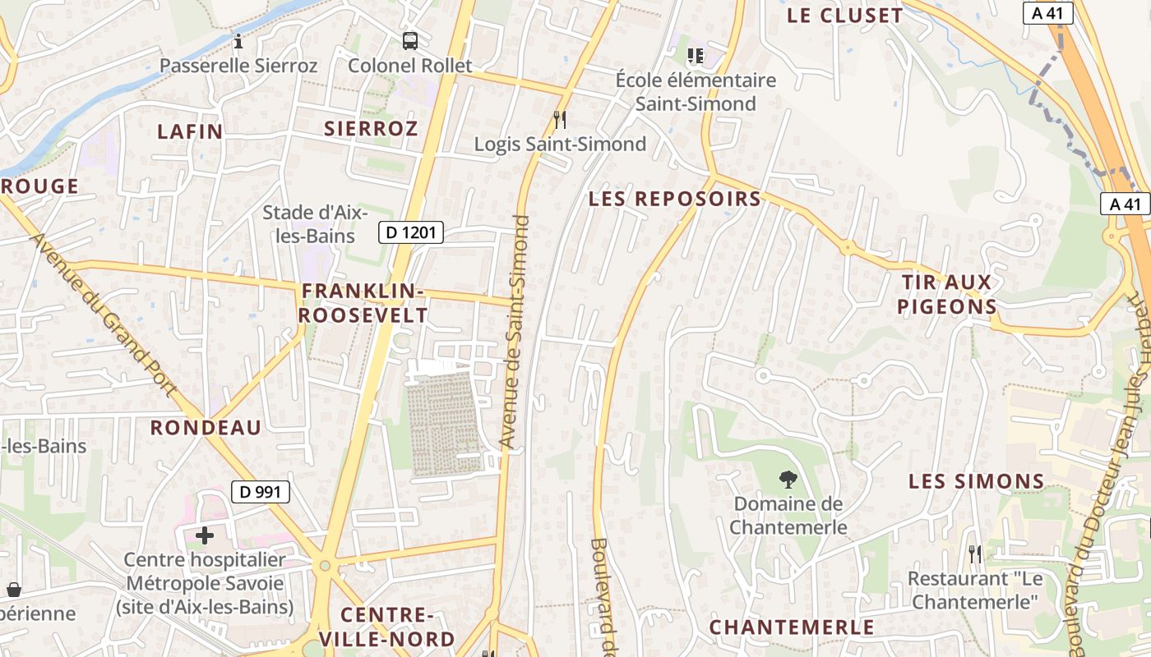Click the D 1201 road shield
(411, 232)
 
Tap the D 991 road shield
(261, 492)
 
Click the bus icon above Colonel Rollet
(409, 40)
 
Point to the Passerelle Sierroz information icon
(238, 41)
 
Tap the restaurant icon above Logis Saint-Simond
(560, 120)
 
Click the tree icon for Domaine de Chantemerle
(788, 480)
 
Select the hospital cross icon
(205, 536)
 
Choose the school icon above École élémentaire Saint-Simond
(696, 56)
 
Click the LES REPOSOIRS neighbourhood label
(675, 199)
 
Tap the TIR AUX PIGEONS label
(947, 295)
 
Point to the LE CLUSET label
(844, 16)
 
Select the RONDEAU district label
(206, 427)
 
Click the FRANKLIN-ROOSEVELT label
(363, 303)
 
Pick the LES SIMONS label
(976, 481)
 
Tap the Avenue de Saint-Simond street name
(515, 332)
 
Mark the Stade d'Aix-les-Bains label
(309, 224)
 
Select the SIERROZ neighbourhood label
(371, 128)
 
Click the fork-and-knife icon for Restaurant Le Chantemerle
(975, 554)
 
